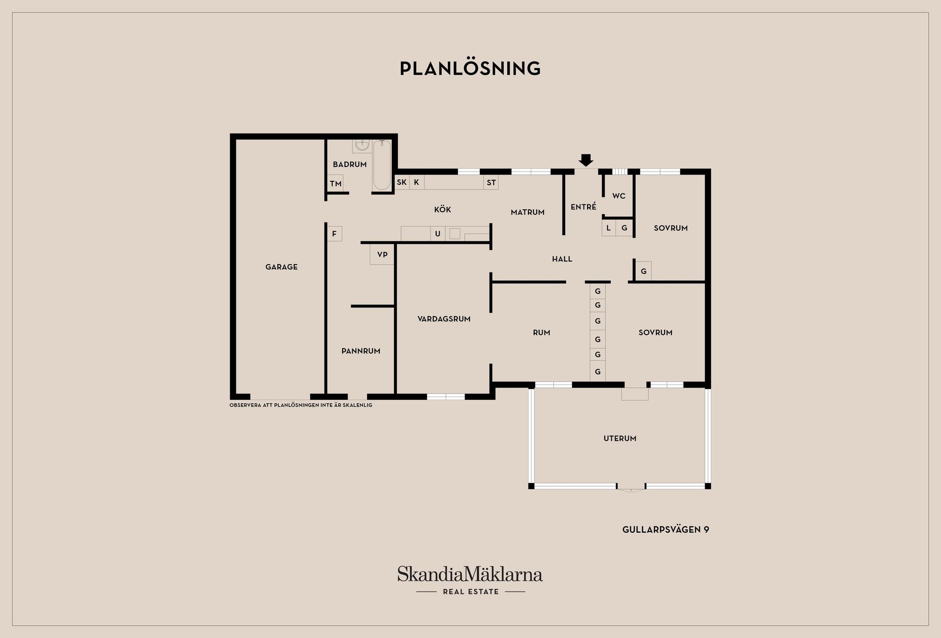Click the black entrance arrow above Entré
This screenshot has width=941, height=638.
tap(586, 160)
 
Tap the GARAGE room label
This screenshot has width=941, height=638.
tap(281, 267)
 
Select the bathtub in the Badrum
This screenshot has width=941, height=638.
tap(382, 165)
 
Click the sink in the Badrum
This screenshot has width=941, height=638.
tap(362, 146)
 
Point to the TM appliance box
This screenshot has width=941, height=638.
tap(335, 184)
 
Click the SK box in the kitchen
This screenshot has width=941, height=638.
tap(402, 182)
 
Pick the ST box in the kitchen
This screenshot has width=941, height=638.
tap(491, 183)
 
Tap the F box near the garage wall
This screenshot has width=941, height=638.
tap(334, 234)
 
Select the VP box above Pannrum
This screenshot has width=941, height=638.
tap(382, 255)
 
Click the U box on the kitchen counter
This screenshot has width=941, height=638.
tap(438, 234)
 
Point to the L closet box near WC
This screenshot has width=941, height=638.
tap(609, 228)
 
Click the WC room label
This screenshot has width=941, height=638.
tap(619, 196)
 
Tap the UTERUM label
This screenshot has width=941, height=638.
tap(620, 439)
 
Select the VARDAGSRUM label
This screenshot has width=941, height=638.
tap(444, 319)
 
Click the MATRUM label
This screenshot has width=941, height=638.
tap(528, 212)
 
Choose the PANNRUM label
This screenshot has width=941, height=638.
tap(361, 351)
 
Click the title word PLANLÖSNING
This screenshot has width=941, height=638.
tap(470, 69)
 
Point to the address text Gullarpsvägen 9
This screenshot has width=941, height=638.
tap(666, 530)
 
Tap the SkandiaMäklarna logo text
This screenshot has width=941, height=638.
tap(470, 574)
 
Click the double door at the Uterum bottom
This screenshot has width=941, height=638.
tap(631, 488)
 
